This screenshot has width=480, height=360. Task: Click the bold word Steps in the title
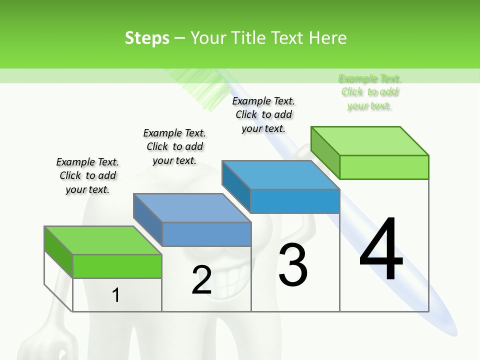coord(147,38)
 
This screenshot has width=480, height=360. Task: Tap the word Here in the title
coord(327,38)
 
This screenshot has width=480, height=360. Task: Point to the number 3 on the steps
coord(293,265)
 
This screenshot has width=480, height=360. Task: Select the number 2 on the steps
coord(201,280)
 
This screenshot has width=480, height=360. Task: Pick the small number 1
coord(115,295)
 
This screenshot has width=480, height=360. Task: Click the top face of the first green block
coord(102,240)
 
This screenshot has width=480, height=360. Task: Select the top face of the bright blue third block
coord(280,175)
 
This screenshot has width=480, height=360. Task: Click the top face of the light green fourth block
coord(369,141)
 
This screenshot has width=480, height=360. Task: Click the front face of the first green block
coord(117,266)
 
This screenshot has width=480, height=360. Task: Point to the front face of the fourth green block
coord(384,167)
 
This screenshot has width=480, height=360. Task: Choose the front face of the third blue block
coord(295,201)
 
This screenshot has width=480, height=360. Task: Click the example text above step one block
coord(87,175)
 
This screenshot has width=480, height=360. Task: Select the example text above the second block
coord(174,146)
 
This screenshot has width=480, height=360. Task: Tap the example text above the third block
coord(263,114)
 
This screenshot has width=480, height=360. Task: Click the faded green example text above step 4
coord(370,92)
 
